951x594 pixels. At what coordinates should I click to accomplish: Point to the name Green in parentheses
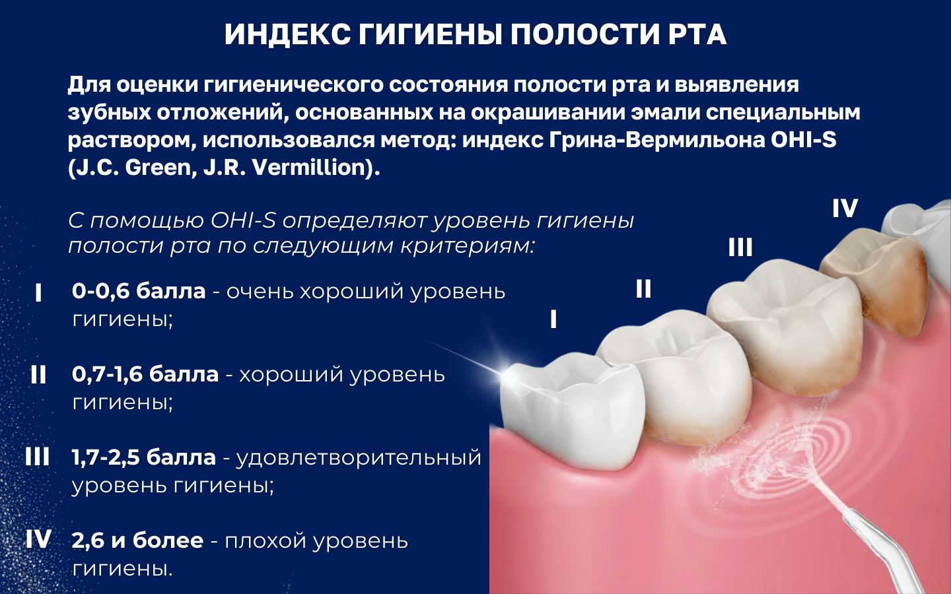(x=158, y=168)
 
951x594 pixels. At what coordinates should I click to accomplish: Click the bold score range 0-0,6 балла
(x=139, y=291)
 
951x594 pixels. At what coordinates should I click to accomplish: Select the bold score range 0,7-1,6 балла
(x=145, y=374)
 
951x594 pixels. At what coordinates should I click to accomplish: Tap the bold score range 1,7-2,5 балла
(x=144, y=457)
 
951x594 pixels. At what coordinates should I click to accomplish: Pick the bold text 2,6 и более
(x=137, y=541)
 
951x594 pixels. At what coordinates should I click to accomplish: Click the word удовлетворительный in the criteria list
(x=359, y=457)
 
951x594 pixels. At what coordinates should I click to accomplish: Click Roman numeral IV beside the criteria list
(x=38, y=540)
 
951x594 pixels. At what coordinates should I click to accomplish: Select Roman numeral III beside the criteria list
(x=38, y=457)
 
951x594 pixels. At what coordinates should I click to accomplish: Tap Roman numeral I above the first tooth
(x=553, y=320)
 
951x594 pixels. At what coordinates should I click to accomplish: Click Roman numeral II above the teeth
(x=643, y=289)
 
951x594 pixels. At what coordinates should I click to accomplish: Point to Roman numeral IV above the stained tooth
(x=845, y=209)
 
